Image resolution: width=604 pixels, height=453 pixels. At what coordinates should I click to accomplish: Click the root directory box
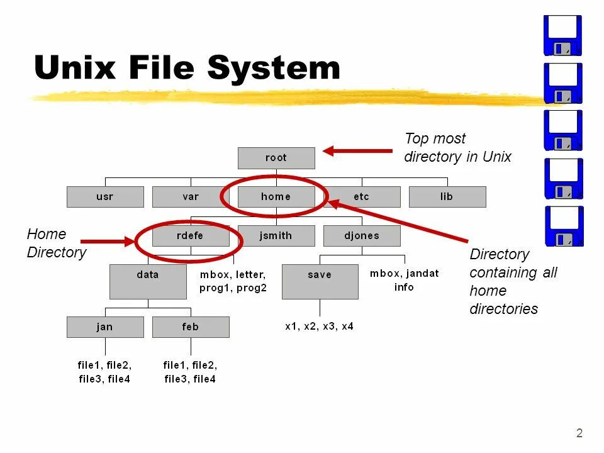pyautogui.click(x=276, y=158)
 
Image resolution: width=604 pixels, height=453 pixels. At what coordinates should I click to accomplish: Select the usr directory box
pyautogui.click(x=105, y=197)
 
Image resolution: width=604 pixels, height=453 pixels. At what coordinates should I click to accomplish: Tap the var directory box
pyautogui.click(x=191, y=197)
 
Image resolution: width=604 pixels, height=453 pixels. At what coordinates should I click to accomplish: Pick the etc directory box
pyautogui.click(x=362, y=197)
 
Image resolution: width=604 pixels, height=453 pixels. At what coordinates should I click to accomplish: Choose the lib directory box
pyautogui.click(x=447, y=197)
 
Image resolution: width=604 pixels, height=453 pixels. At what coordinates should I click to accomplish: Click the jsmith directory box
pyautogui.click(x=276, y=236)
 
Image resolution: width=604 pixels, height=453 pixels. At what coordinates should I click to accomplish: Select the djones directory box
pyautogui.click(x=362, y=236)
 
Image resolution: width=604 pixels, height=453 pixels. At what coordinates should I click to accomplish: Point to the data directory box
pyautogui.click(x=148, y=281)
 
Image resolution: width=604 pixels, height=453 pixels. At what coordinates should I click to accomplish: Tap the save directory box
pyautogui.click(x=320, y=281)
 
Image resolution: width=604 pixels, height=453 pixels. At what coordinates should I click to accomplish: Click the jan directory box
pyautogui.click(x=105, y=327)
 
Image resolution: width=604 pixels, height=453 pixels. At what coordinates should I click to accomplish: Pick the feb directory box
pyautogui.click(x=191, y=327)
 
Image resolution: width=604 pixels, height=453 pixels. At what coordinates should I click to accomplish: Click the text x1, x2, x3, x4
pyautogui.click(x=319, y=327)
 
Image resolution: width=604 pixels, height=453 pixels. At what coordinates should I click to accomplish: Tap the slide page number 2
pyautogui.click(x=579, y=433)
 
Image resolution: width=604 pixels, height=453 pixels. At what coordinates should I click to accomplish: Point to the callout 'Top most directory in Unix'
pyautogui.click(x=457, y=148)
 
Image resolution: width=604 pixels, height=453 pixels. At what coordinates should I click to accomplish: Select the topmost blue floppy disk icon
pyautogui.click(x=562, y=35)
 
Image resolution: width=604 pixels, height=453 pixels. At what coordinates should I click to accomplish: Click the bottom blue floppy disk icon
pyautogui.click(x=562, y=226)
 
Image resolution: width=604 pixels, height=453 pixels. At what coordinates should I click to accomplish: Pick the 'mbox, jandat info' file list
pyautogui.click(x=404, y=281)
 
